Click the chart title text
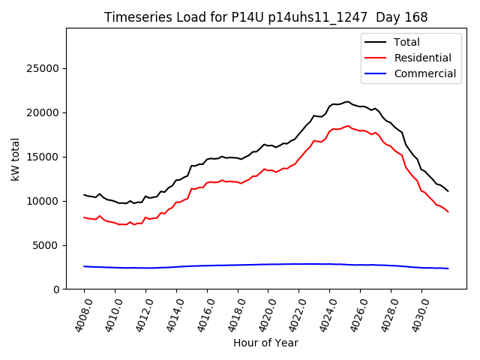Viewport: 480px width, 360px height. click(265, 17)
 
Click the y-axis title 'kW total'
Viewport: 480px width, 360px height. click(16, 158)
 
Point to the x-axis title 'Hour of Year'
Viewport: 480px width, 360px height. click(265, 343)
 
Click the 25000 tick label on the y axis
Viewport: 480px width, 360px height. click(43, 68)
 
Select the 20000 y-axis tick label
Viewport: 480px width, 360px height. click(43, 112)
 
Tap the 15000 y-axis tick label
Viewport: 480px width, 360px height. click(43, 157)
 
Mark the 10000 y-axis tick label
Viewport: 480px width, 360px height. click(43, 201)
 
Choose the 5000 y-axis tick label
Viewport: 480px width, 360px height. click(46, 245)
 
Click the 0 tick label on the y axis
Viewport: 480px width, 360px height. click(55, 289)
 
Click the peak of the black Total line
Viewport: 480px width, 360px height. click(347, 101)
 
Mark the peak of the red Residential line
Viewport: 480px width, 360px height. click(347, 126)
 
